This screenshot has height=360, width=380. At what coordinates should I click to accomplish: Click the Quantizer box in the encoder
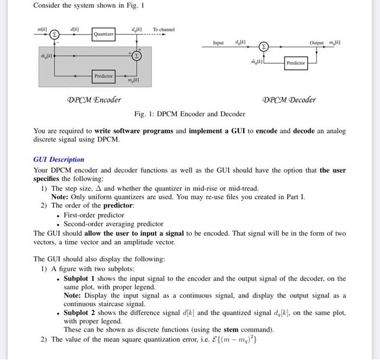coord(103,34)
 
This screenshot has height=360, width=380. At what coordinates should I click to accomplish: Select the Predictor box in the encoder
coord(103,76)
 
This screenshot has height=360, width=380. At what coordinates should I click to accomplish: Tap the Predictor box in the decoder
coord(295,63)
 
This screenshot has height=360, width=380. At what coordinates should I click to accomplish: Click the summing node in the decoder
coord(263,47)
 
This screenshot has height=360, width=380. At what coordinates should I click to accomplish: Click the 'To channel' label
coord(163,29)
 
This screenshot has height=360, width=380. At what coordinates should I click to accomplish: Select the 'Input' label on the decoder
coord(218,42)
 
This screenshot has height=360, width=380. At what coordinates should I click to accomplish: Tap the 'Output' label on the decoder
coord(316,42)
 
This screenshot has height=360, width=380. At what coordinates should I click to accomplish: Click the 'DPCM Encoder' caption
coord(94,99)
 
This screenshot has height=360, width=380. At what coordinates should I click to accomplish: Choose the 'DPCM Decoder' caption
coord(289,99)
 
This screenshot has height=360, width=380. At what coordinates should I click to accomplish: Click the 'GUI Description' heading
coord(59,159)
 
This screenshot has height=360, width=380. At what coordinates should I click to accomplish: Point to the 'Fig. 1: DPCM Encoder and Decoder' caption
coord(189,113)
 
